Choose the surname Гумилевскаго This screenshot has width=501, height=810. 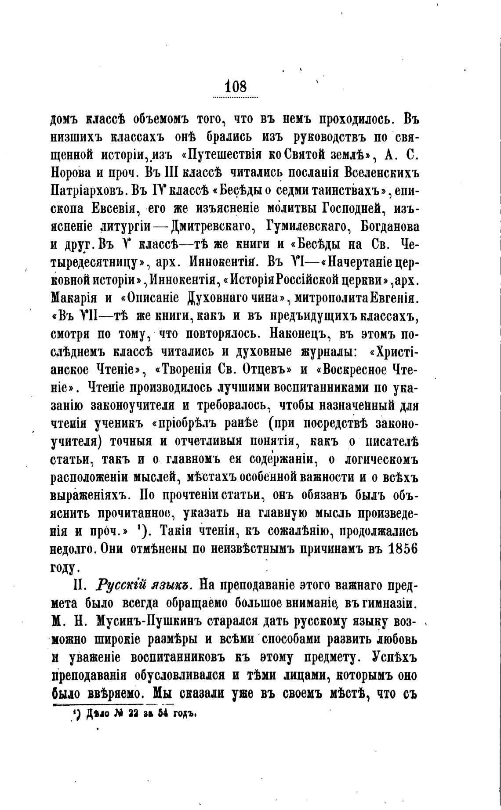305,227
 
